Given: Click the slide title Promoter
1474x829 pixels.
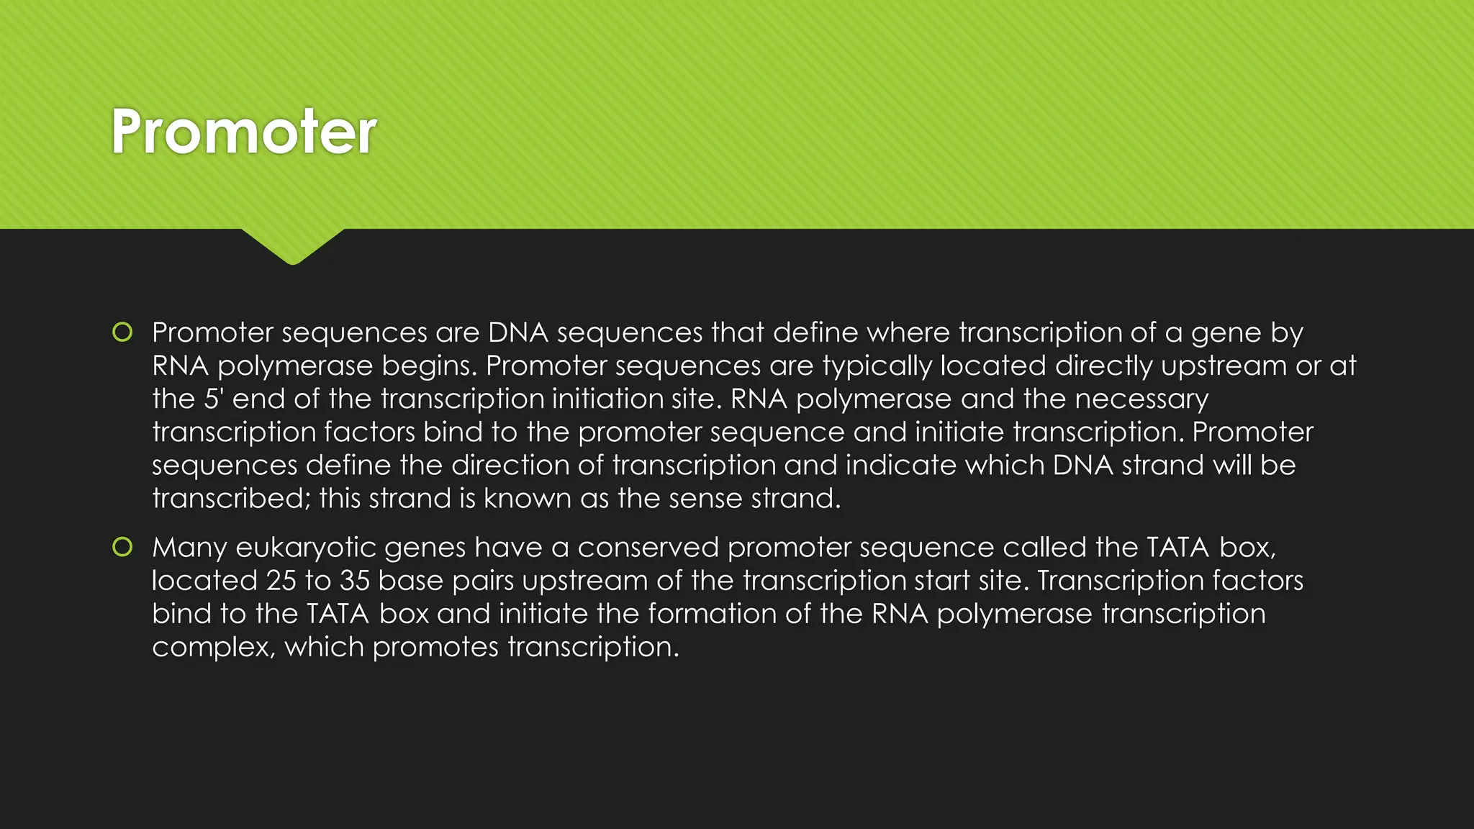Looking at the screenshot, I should pyautogui.click(x=243, y=132).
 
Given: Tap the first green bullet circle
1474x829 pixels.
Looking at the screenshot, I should pyautogui.click(x=122, y=332).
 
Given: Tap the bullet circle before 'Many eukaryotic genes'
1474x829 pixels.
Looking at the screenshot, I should pyautogui.click(x=122, y=548).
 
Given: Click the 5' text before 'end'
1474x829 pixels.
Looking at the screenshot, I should pyautogui.click(x=214, y=399).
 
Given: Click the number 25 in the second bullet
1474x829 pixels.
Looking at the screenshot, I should pyautogui.click(x=281, y=581).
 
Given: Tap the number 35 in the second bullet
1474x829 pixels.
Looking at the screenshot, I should pyautogui.click(x=355, y=581).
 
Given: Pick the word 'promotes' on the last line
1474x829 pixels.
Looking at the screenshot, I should pyautogui.click(x=435, y=648).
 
